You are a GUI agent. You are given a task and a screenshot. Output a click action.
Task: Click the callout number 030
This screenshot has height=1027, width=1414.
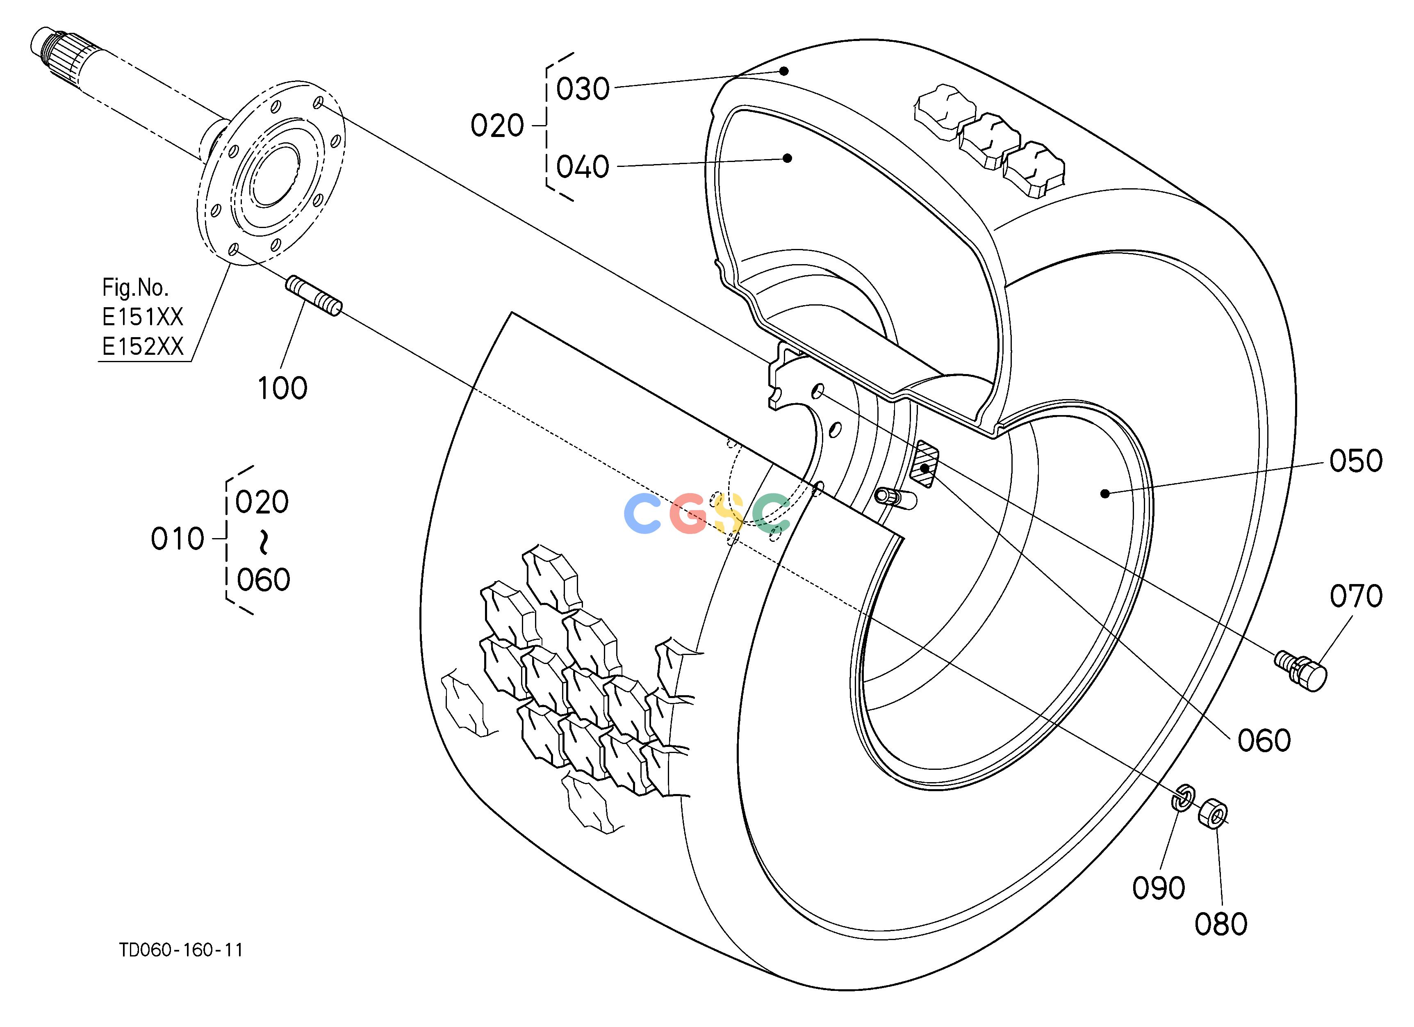(582, 89)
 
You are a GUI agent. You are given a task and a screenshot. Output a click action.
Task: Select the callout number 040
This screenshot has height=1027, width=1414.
(582, 167)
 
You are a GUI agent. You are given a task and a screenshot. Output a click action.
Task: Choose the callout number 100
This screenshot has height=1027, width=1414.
(282, 388)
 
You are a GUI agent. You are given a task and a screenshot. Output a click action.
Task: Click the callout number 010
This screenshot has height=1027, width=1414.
(178, 539)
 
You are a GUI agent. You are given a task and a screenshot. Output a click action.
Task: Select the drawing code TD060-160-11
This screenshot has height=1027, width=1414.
(181, 949)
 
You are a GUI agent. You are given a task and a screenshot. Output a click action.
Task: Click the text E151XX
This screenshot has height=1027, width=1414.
(143, 317)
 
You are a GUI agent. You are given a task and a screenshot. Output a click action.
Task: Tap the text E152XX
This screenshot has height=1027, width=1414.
(143, 346)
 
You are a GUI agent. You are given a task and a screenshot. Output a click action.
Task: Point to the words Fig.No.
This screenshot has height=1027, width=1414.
(135, 288)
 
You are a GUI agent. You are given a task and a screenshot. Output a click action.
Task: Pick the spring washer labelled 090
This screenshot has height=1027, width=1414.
(1182, 798)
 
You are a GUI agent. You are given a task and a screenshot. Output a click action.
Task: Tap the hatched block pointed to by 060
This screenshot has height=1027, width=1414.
(923, 463)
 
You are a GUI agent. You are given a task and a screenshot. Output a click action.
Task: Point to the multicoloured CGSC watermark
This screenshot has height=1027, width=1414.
(707, 513)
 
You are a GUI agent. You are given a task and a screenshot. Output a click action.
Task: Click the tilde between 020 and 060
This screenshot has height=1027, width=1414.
(264, 541)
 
